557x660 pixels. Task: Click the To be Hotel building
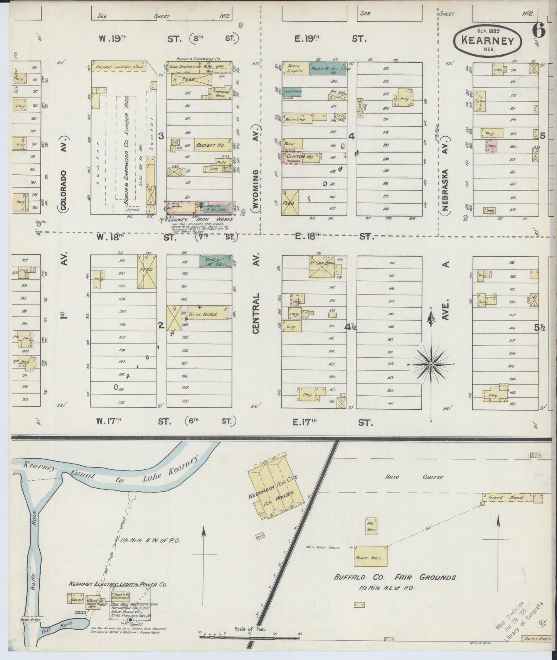[207, 313]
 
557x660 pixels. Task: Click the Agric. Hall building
[370, 556]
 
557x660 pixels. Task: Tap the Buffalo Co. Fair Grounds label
[395, 577]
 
